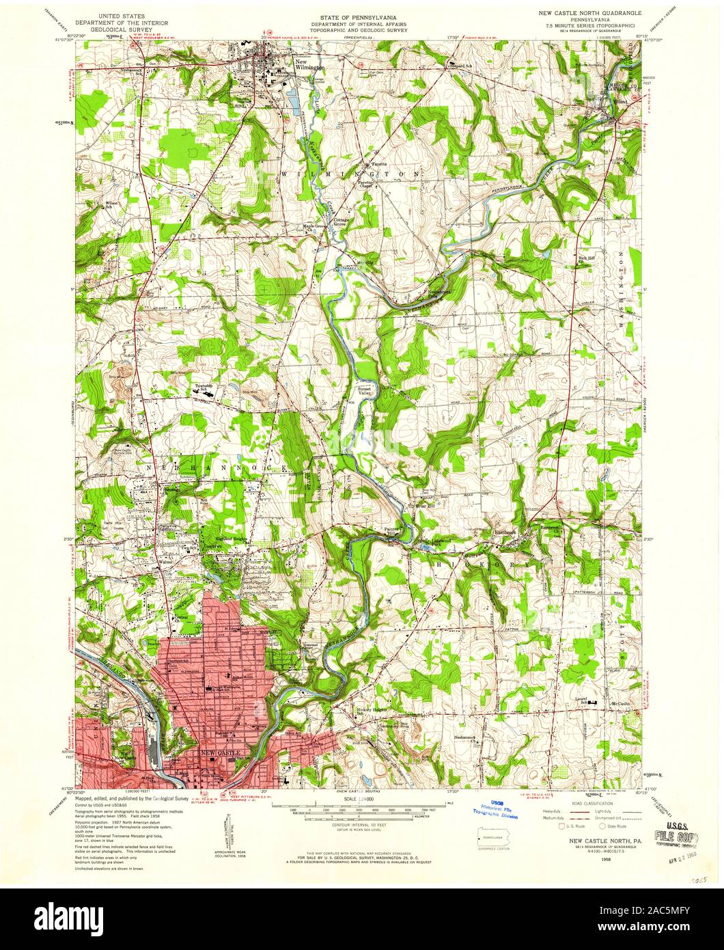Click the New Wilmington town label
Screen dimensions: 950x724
click(309, 65)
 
